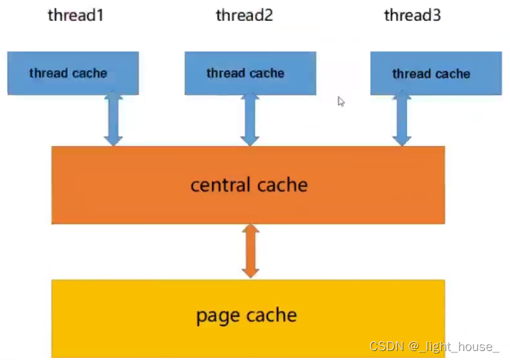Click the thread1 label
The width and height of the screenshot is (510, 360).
76,15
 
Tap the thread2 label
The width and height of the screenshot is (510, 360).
245,15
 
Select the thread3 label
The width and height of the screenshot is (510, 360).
412,15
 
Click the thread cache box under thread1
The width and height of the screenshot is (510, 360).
73,73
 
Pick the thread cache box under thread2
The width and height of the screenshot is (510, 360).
250,73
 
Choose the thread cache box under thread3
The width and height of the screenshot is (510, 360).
436,73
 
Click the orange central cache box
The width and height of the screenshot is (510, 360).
248,185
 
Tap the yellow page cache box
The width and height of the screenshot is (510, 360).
248,318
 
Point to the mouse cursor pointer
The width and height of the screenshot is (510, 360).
341,102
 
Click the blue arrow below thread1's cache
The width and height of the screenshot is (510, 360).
113,118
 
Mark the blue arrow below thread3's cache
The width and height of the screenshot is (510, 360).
402,118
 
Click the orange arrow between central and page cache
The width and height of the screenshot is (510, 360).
250,251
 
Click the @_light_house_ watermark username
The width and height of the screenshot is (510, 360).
454,347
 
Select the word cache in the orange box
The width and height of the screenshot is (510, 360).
282,185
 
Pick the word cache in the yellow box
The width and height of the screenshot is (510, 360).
272,315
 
